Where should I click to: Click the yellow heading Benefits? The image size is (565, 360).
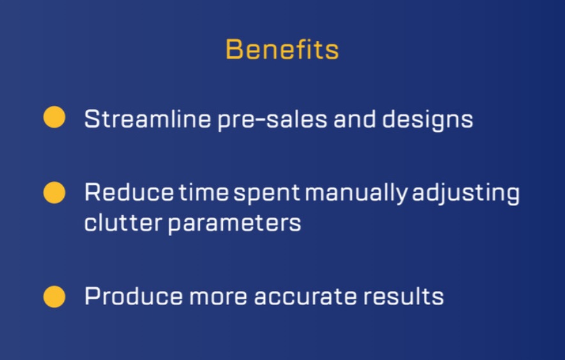coord(282,49)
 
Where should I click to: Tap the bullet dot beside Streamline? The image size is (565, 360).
coord(54,117)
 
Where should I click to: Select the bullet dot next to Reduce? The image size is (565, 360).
coord(54,192)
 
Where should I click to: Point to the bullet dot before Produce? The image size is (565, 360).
coord(54,297)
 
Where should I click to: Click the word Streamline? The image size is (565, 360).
coord(147,119)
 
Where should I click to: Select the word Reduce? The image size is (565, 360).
coord(129,192)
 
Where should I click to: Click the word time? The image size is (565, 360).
coord(204,192)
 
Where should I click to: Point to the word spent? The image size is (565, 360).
coord(267,194)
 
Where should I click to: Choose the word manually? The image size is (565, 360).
coord(356,194)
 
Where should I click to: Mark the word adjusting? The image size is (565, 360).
coord(466,194)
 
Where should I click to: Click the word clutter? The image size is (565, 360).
coord(123,223)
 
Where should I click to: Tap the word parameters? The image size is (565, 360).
coord(234,224)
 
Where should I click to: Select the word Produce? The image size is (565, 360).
coord(133,296)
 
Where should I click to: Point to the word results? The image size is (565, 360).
coord(403,296)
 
